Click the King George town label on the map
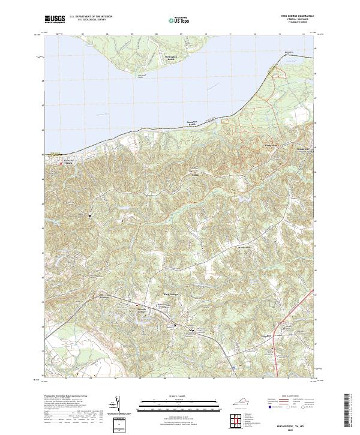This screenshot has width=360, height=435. (x=172, y=294)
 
